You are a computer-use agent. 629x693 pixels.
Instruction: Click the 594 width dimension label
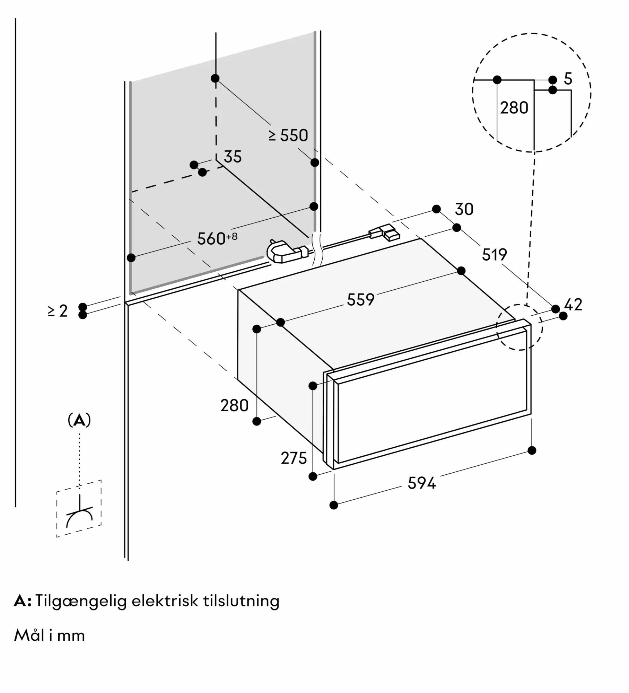421,483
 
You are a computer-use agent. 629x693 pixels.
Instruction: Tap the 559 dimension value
361,299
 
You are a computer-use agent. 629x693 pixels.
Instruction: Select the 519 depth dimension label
494,255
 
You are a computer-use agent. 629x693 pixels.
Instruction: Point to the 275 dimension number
294,458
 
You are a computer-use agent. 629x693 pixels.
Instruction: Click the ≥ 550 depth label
288,135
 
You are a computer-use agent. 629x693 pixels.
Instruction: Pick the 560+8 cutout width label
217,238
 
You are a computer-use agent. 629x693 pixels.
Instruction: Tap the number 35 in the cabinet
233,157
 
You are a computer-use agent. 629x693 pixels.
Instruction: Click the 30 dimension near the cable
464,209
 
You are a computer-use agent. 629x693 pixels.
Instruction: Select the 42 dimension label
573,305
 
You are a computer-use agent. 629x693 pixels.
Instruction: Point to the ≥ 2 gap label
58,311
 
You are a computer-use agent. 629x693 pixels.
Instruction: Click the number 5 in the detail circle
568,79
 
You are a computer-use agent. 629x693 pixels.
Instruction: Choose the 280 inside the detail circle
514,108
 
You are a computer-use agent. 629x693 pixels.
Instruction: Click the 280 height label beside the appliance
235,405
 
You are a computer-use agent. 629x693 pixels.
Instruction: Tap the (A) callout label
79,420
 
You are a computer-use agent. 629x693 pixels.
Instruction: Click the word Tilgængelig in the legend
81,601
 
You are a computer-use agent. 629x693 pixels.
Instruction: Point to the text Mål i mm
50,635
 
